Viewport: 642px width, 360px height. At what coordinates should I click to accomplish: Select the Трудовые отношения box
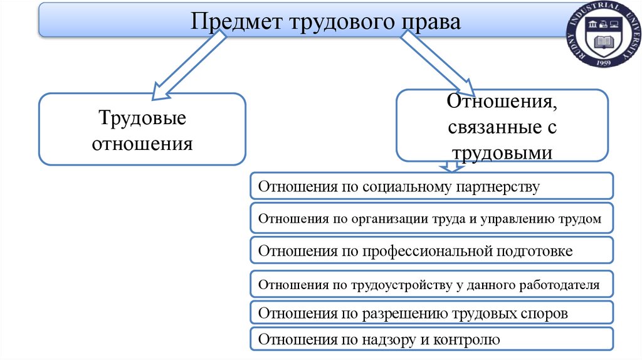(x=142, y=129)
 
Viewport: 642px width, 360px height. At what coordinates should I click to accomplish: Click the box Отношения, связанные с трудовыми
(x=502, y=125)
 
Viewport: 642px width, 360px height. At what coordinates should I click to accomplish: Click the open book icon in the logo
(x=606, y=43)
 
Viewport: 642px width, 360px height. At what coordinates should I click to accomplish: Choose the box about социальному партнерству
(x=431, y=186)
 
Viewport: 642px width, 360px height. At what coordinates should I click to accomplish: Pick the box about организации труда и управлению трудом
(x=431, y=218)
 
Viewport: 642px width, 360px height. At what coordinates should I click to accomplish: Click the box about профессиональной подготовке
(x=431, y=251)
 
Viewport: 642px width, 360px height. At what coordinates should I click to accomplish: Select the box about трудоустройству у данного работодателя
(x=431, y=285)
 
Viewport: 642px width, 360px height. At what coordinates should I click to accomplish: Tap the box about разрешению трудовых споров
(x=431, y=313)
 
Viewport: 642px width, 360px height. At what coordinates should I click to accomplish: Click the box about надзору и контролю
(x=431, y=340)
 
